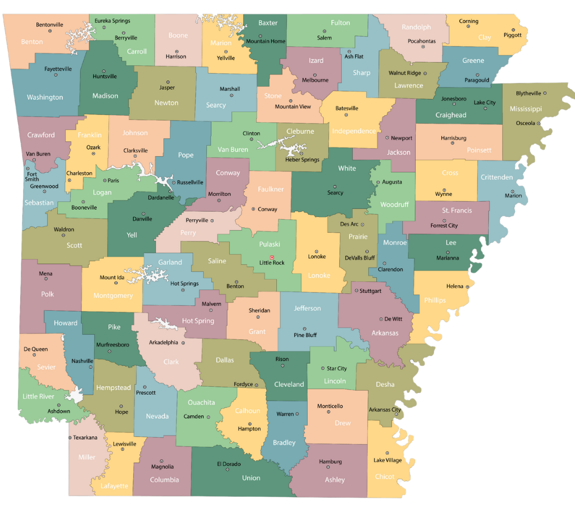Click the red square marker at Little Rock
[x=272, y=257]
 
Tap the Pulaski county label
[x=269, y=244]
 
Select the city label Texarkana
[x=86, y=438]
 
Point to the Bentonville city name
[x=50, y=25]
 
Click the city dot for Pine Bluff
[x=305, y=329]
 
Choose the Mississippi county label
[x=525, y=109]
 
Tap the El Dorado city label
[x=229, y=464]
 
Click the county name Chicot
[x=385, y=477]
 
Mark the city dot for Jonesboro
[x=454, y=105]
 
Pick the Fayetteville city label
[x=58, y=69]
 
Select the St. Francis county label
[x=457, y=210]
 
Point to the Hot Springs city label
[x=184, y=283]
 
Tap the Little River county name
[x=38, y=396]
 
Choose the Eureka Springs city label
[x=112, y=21]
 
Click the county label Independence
[x=354, y=131]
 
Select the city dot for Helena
[x=467, y=287]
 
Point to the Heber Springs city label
[x=302, y=159]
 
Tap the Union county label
[x=251, y=478]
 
